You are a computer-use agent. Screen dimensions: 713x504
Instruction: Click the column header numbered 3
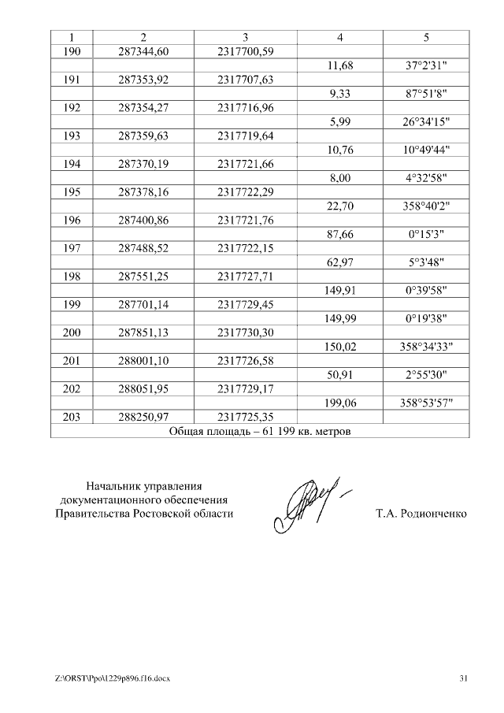coord(246,38)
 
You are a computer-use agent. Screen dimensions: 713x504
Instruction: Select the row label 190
coord(72,51)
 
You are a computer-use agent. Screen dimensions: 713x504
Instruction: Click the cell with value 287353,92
coord(143,80)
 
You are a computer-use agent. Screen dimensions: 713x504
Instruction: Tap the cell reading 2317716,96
coord(246,108)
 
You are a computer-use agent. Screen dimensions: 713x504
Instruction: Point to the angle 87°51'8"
coord(426,94)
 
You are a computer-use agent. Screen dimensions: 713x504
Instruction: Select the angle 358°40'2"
coord(426,207)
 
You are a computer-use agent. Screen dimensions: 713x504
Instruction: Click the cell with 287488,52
coord(143,250)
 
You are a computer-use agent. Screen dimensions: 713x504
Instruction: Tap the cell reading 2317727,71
coord(246,278)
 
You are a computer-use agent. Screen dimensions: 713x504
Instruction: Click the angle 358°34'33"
coord(426,347)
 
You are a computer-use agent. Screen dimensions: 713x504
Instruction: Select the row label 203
coord(72,418)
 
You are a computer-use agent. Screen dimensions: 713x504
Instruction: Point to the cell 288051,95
coord(143,389)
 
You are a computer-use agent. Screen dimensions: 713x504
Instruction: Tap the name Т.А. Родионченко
coord(421,514)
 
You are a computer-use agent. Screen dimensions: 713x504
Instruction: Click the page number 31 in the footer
coord(463,678)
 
